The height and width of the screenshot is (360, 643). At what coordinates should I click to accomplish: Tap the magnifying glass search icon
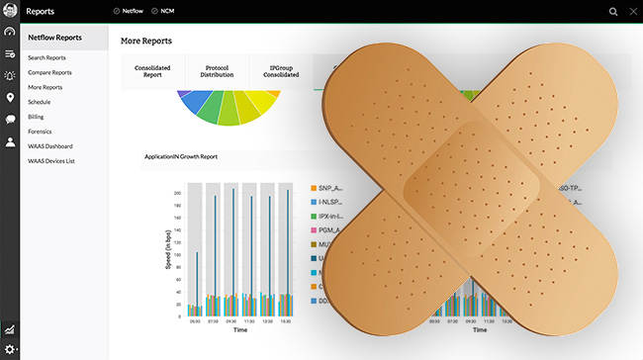click(613, 12)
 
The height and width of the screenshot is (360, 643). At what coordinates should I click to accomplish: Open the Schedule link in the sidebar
click(40, 102)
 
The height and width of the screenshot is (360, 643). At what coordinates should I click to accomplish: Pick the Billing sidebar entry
click(37, 116)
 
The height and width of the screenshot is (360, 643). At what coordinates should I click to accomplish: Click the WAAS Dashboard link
click(50, 145)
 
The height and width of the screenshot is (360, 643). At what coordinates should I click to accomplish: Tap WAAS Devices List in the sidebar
click(51, 160)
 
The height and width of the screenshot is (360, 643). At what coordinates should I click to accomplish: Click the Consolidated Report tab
click(153, 72)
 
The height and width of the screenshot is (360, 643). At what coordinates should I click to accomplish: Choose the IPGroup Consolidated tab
click(280, 72)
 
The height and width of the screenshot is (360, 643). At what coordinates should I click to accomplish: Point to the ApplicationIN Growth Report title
click(181, 156)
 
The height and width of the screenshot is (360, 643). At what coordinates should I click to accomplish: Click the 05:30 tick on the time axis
click(195, 321)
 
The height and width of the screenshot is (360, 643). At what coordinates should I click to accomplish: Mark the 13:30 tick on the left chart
click(286, 321)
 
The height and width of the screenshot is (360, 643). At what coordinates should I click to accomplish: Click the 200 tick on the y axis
click(177, 194)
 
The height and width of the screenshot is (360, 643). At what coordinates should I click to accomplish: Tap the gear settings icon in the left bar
click(10, 350)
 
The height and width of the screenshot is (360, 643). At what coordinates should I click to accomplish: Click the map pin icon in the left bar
click(10, 97)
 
